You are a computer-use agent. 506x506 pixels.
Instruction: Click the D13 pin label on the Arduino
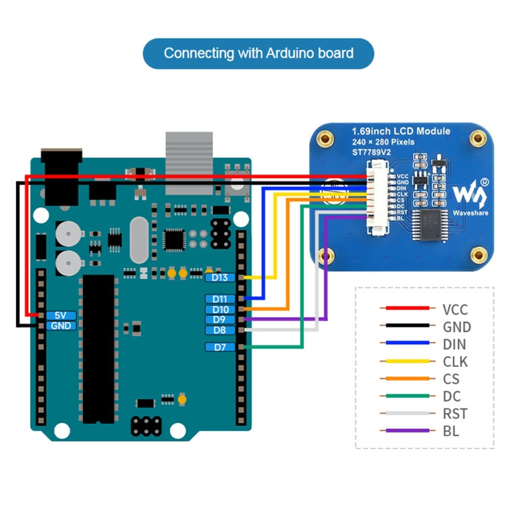click(x=220, y=277)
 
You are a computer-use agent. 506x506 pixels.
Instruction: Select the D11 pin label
click(x=220, y=299)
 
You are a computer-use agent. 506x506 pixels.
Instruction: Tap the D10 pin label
click(x=220, y=310)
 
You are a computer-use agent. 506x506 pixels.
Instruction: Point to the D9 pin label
click(x=220, y=320)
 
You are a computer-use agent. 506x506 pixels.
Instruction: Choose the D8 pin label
click(x=220, y=331)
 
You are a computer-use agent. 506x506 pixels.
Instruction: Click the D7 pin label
click(x=220, y=347)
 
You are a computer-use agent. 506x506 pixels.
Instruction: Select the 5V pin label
click(x=61, y=315)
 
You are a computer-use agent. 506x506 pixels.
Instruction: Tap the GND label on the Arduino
click(x=61, y=325)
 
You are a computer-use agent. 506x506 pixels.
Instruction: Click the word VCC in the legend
click(x=455, y=310)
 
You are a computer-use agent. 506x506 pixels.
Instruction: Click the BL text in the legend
click(x=451, y=431)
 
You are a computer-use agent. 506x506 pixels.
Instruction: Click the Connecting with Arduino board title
click(x=258, y=53)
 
